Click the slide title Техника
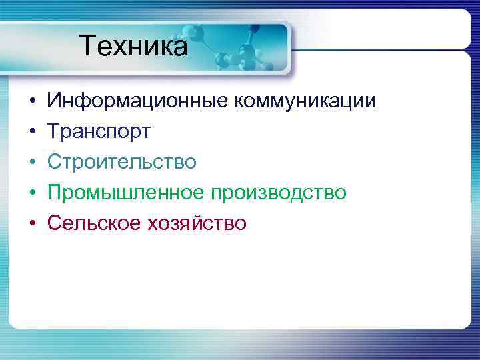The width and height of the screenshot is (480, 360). pyautogui.click(x=133, y=47)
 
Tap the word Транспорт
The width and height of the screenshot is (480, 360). pyautogui.click(x=99, y=132)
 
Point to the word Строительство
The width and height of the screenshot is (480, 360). pyautogui.click(x=121, y=162)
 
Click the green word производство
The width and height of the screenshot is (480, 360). pyautogui.click(x=279, y=193)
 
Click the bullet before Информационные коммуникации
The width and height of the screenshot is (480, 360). pyautogui.click(x=31, y=103)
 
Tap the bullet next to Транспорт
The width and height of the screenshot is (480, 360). pyautogui.click(x=31, y=133)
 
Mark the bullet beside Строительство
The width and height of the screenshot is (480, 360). pyautogui.click(x=31, y=163)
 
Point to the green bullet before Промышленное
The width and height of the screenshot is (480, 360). pyautogui.click(x=31, y=193)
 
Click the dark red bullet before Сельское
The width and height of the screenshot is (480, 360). pyautogui.click(x=31, y=223)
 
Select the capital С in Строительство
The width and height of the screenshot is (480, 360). pyautogui.click(x=53, y=162)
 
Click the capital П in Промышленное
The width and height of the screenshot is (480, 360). pyautogui.click(x=54, y=193)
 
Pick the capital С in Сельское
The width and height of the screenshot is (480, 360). pyautogui.click(x=53, y=223)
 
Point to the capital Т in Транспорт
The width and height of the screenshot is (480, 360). pyautogui.click(x=53, y=132)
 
